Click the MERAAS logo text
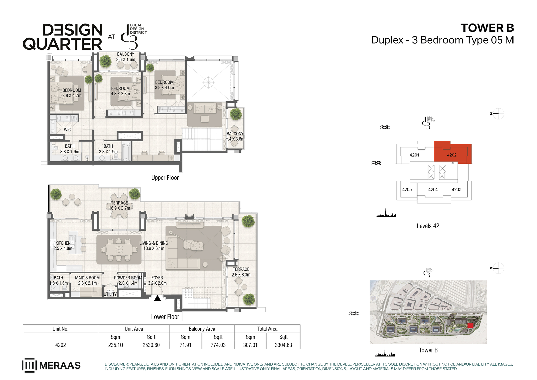[60, 365]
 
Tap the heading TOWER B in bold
[487, 28]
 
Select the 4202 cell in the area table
[60, 345]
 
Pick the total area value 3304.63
[283, 345]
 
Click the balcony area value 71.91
[185, 345]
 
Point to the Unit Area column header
[134, 329]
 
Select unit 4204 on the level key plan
[433, 189]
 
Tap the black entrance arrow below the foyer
[157, 298]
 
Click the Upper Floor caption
[165, 178]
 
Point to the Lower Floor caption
[165, 316]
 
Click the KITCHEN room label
[63, 243]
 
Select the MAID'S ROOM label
[87, 278]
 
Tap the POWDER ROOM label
[128, 278]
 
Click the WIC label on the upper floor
[67, 130]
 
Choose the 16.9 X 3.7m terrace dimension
[119, 208]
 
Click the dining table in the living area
[119, 250]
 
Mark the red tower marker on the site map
[470, 326]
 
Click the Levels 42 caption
[428, 226]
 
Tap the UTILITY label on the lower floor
[110, 294]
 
